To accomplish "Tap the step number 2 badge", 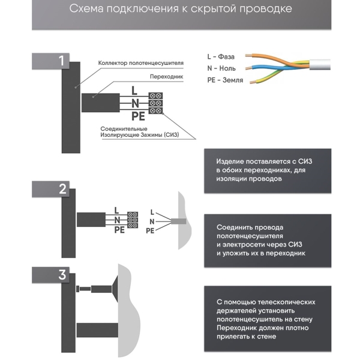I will point(62,190).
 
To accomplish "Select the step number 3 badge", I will point(62,275).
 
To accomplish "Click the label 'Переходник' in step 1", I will point(163,77).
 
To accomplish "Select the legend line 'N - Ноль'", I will point(224,68).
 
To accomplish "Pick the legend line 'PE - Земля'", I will point(225,80).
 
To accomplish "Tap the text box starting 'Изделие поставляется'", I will point(268,170).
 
